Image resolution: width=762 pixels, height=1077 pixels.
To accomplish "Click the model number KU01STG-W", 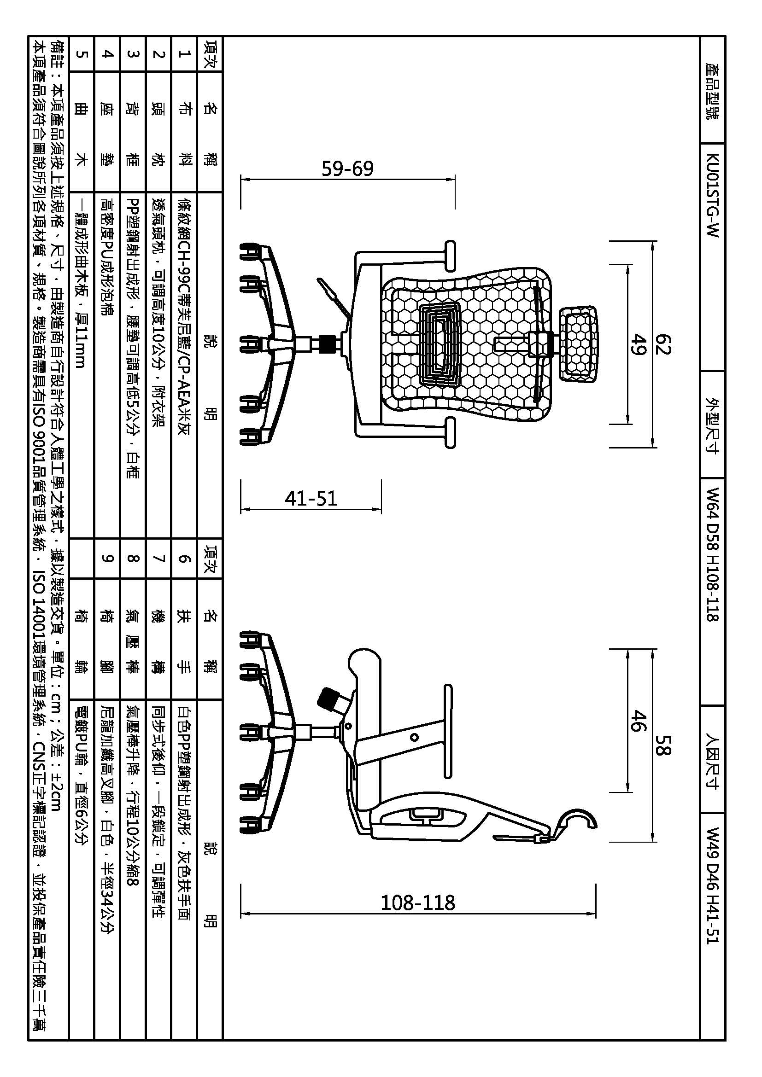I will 712,195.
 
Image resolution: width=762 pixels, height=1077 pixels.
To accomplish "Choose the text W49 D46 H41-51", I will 712,892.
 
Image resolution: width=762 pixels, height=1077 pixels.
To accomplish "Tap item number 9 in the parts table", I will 107,558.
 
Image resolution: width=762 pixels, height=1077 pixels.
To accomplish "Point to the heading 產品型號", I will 712,91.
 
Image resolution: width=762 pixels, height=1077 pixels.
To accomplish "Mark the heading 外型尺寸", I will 712,425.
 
